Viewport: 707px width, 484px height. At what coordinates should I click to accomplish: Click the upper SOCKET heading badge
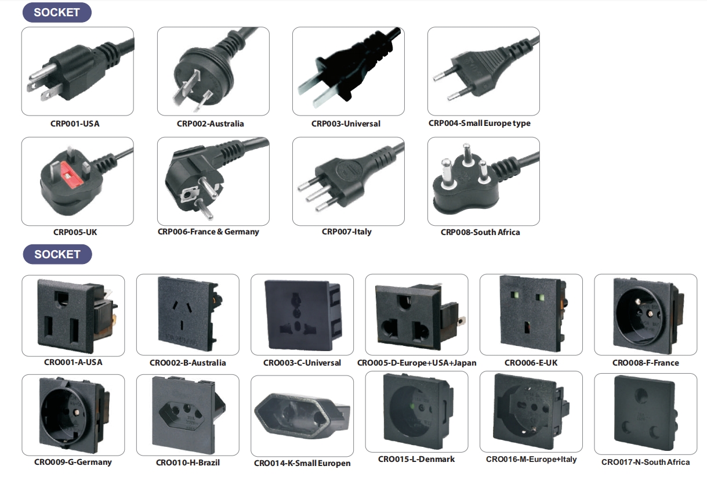pyautogui.click(x=57, y=12)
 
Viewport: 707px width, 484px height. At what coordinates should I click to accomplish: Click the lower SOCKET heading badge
pyautogui.click(x=57, y=254)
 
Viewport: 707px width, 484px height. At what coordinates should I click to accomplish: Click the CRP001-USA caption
pyautogui.click(x=75, y=124)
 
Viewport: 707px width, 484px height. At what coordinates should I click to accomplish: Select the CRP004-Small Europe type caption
pyautogui.click(x=480, y=123)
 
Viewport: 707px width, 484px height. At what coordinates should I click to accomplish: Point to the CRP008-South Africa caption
pyautogui.click(x=480, y=232)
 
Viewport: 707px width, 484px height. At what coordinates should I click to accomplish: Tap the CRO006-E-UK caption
pyautogui.click(x=531, y=363)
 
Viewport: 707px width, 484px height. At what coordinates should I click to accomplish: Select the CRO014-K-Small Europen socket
pyautogui.click(x=302, y=415)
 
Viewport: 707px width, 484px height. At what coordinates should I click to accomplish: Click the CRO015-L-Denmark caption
pyautogui.click(x=416, y=459)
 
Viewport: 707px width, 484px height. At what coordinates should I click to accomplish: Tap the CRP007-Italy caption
pyautogui.click(x=347, y=232)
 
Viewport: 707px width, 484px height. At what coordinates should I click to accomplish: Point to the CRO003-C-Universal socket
pyautogui.click(x=302, y=315)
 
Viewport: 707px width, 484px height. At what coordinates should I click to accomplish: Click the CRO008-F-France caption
pyautogui.click(x=646, y=363)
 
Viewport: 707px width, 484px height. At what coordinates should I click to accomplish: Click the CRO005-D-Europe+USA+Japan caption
pyautogui.click(x=416, y=363)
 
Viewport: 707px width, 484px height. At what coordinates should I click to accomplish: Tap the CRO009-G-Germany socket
pyautogui.click(x=74, y=414)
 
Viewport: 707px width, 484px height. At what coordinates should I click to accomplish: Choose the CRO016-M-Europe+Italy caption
pyautogui.click(x=531, y=459)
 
